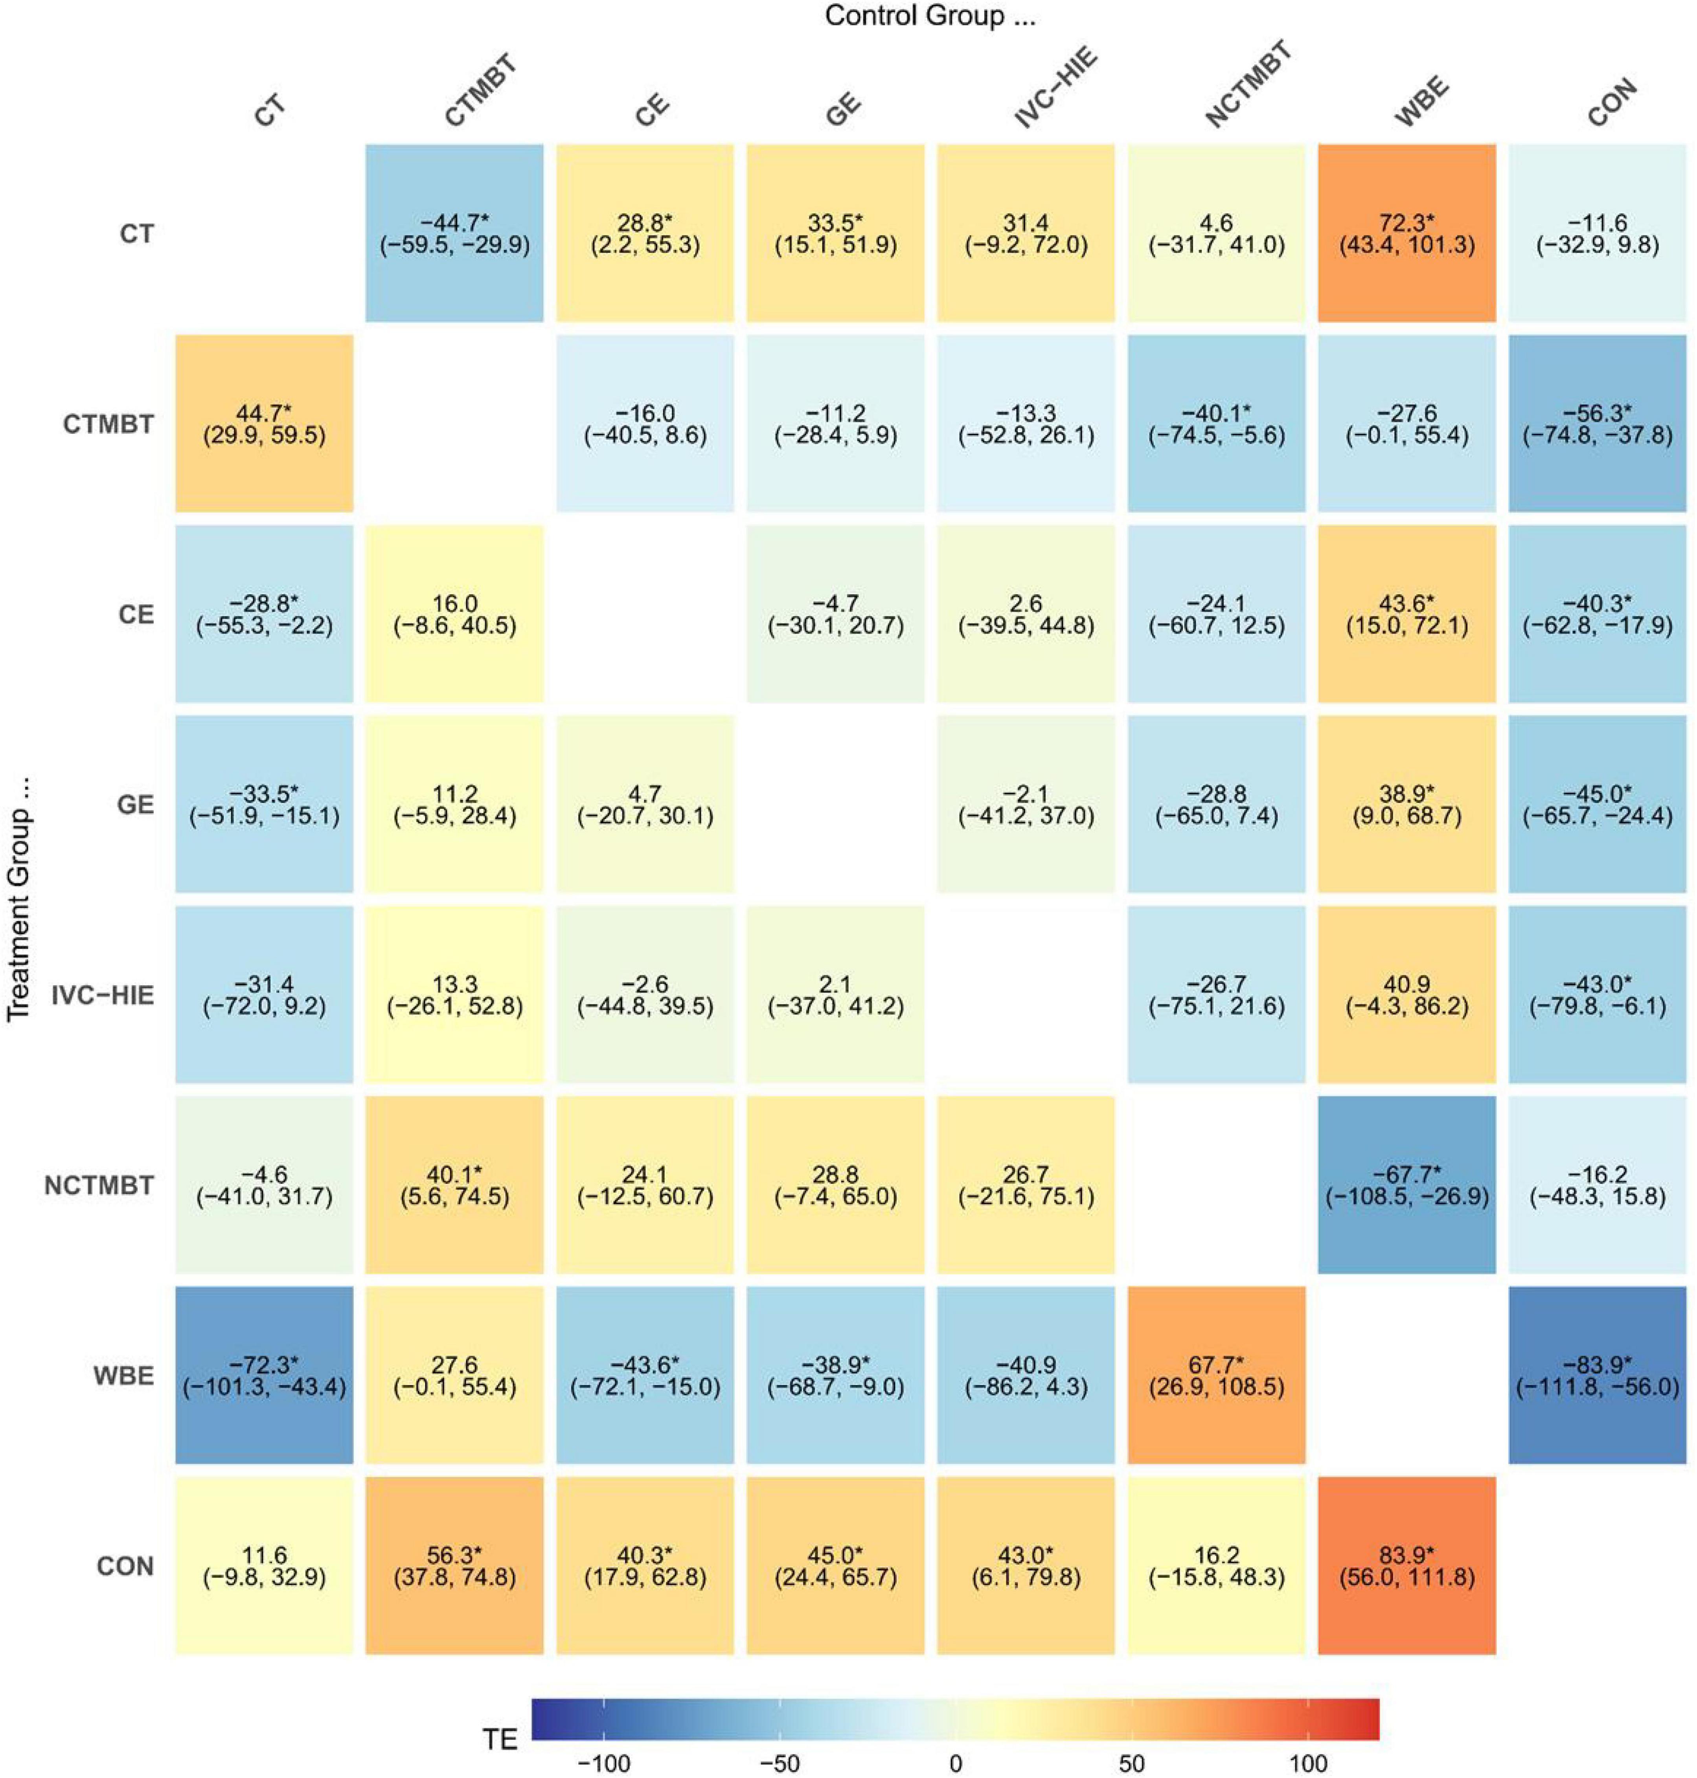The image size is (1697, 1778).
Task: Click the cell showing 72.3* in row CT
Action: (1407, 233)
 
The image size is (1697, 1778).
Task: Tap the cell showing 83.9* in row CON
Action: (1407, 1565)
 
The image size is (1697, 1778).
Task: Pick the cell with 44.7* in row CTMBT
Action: (264, 423)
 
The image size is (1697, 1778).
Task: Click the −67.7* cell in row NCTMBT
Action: (1407, 1185)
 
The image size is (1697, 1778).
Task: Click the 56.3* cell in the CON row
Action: (454, 1565)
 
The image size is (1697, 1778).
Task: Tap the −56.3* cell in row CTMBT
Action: (1598, 423)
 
